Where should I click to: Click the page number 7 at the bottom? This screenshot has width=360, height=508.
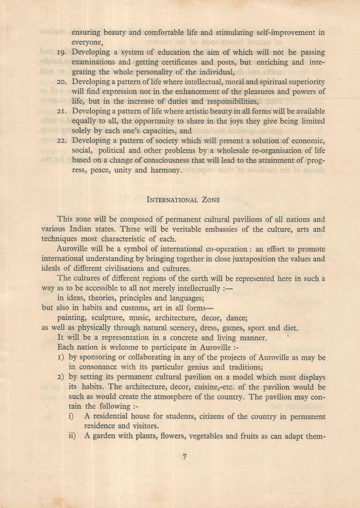point(184,458)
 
